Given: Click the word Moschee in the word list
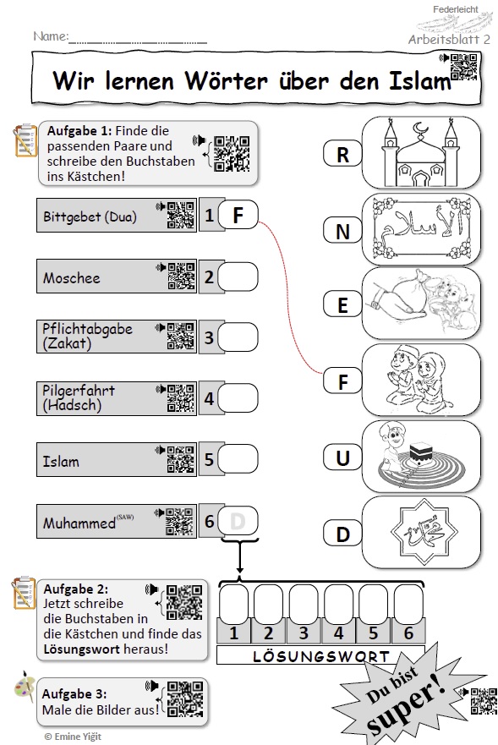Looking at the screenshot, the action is pyautogui.click(x=72, y=277).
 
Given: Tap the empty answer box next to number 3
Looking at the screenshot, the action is pyautogui.click(x=238, y=337).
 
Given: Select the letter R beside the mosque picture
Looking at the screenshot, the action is pyautogui.click(x=342, y=155).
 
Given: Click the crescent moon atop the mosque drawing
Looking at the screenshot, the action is pyautogui.click(x=420, y=129).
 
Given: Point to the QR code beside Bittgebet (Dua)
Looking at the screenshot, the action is pyautogui.click(x=181, y=216).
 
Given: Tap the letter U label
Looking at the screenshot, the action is pyautogui.click(x=342, y=458).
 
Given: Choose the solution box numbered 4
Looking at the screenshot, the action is pyautogui.click(x=338, y=604).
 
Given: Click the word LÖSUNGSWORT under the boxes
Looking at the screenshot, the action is pyautogui.click(x=320, y=656).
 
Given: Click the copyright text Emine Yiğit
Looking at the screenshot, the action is pyautogui.click(x=73, y=736).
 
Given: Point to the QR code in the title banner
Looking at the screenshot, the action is pyautogui.click(x=463, y=67).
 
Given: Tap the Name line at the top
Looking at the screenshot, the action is pyautogui.click(x=138, y=42).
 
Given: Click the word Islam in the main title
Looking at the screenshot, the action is pyautogui.click(x=419, y=80).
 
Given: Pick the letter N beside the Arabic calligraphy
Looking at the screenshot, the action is pyautogui.click(x=342, y=232).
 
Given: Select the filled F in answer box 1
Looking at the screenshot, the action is pyautogui.click(x=238, y=216).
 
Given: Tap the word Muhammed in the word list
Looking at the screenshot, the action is pyautogui.click(x=79, y=523).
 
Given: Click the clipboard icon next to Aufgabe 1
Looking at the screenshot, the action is pyautogui.click(x=25, y=140).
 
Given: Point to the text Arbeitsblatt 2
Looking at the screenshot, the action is pyautogui.click(x=449, y=39).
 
